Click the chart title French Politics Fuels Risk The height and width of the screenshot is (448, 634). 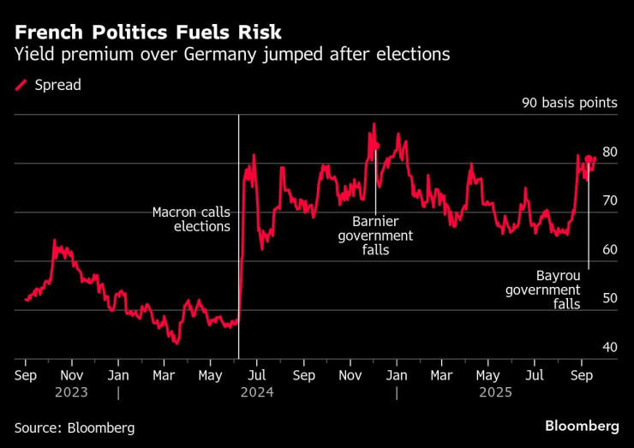click(x=147, y=33)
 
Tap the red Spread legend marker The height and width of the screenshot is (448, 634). click(x=21, y=86)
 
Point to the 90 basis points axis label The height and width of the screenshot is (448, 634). click(x=569, y=103)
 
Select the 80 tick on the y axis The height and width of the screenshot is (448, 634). click(x=609, y=152)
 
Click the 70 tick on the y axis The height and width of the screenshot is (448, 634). click(x=609, y=201)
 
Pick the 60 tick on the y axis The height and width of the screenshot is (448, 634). click(x=609, y=250)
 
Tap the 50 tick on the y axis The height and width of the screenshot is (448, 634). click(x=609, y=299)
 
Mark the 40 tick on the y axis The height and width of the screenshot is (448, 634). click(x=609, y=348)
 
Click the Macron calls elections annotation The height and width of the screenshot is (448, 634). click(x=190, y=219)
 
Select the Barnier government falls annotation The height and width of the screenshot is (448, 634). click(x=375, y=236)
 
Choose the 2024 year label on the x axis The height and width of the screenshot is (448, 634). click(x=256, y=392)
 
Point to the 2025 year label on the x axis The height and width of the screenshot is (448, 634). click(x=495, y=392)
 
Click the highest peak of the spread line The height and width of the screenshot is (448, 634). click(x=374, y=125)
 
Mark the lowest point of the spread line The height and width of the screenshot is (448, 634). click(x=176, y=343)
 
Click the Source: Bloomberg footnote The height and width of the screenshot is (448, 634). click(x=75, y=427)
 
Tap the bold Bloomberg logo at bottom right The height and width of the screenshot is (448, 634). click(x=582, y=427)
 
